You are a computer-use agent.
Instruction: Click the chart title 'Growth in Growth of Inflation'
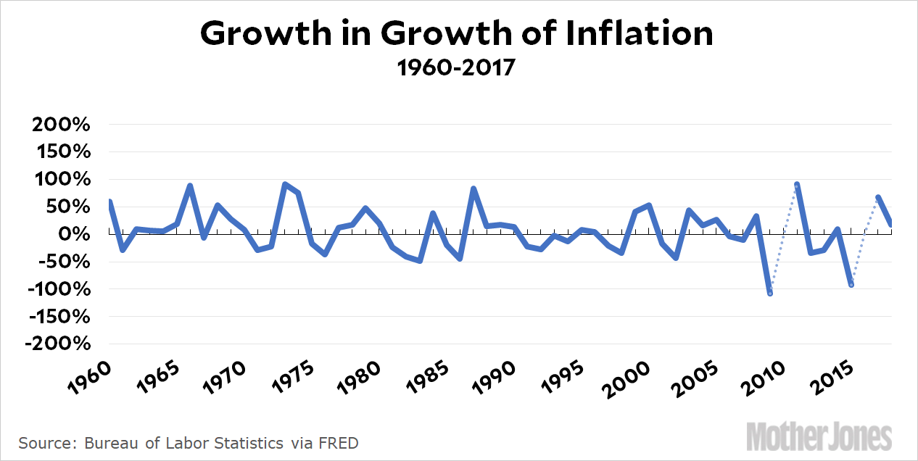[x=457, y=33]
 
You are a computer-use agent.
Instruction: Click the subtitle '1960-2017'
[x=457, y=68]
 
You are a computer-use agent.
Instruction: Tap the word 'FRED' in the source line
[x=338, y=442]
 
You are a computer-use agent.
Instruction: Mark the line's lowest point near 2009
[x=769, y=293]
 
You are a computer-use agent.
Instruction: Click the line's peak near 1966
[x=190, y=186]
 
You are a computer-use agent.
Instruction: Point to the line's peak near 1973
[x=285, y=184]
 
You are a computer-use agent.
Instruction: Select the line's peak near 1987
[x=474, y=188]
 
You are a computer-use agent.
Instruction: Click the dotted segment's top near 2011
[x=797, y=184]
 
